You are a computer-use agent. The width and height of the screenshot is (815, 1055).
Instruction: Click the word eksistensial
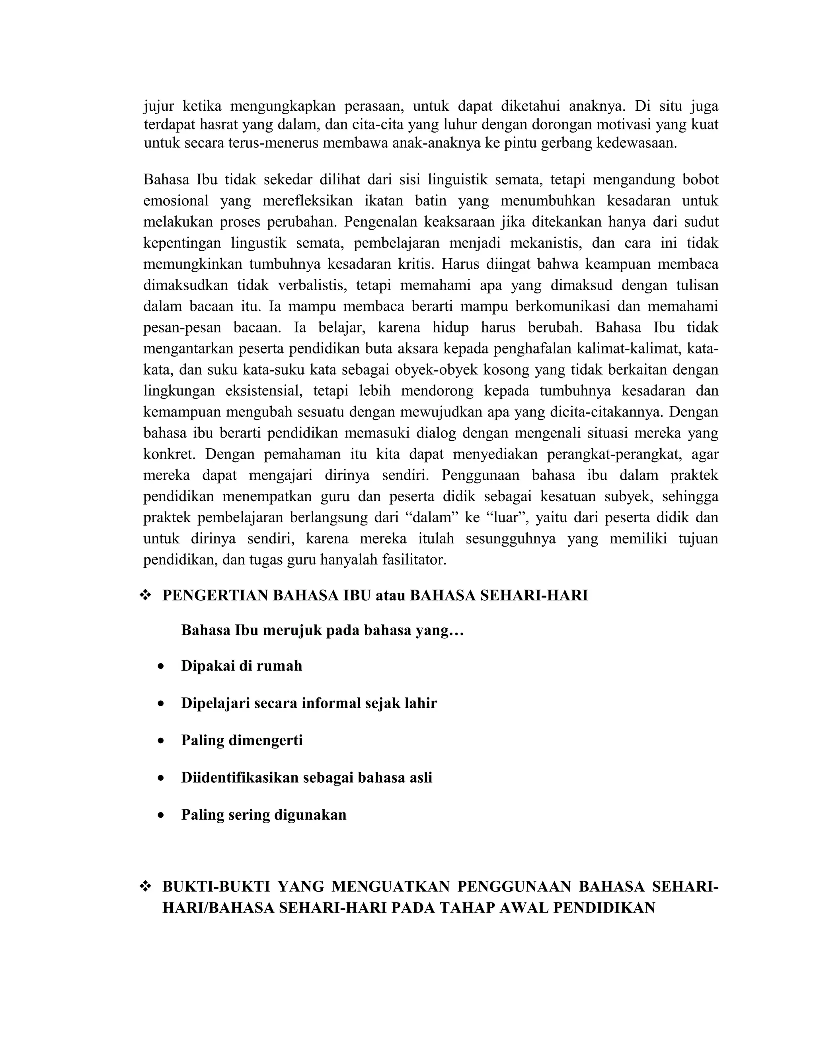pos(265,391)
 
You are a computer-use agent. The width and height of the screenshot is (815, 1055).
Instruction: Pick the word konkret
pos(169,455)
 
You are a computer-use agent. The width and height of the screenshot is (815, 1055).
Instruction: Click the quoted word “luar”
pos(507,518)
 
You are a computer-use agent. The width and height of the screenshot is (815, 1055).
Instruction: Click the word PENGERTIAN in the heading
pos(215,596)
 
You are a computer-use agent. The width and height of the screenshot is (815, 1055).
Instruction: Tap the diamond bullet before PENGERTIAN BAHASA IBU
pos(145,596)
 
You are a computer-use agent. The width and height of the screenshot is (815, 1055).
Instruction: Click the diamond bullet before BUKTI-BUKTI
pos(145,887)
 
